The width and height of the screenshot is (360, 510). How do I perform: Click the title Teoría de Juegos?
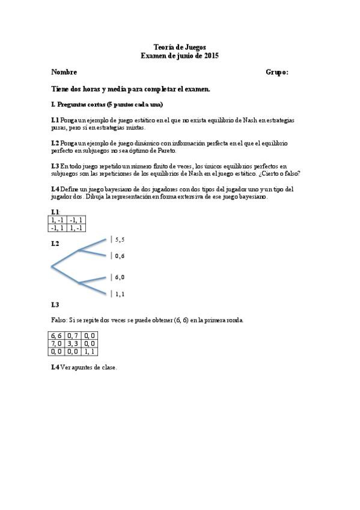pos(180,47)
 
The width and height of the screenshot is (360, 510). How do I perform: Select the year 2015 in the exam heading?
pos(211,55)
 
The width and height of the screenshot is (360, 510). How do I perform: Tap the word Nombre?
pos(64,72)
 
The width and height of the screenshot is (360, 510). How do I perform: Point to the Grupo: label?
pos(276,72)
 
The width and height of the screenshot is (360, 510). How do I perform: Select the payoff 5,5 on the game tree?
pos(120,239)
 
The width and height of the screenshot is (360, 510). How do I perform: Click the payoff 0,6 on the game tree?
pos(120,256)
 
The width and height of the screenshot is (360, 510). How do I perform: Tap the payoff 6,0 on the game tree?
pos(120,277)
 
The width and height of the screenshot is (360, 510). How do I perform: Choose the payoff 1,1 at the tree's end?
pos(120,294)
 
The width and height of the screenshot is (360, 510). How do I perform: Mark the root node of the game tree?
pos(52,265)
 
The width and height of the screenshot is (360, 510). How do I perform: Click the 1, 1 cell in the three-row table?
pos(91,351)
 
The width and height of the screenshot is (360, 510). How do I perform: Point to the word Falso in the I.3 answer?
pos(60,320)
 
